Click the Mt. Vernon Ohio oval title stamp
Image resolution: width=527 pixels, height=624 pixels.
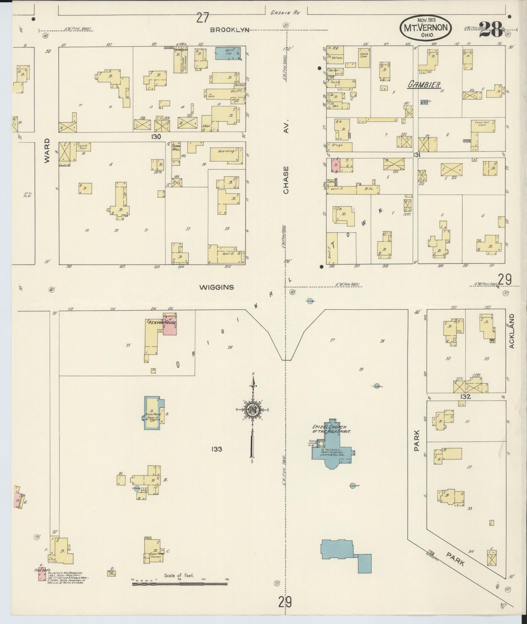pyautogui.click(x=426, y=28)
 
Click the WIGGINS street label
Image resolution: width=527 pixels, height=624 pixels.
pyautogui.click(x=217, y=287)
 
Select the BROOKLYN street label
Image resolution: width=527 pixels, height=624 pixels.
pyautogui.click(x=230, y=30)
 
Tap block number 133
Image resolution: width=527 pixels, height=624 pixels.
pyautogui.click(x=217, y=449)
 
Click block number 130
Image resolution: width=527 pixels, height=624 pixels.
pyautogui.click(x=156, y=137)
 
